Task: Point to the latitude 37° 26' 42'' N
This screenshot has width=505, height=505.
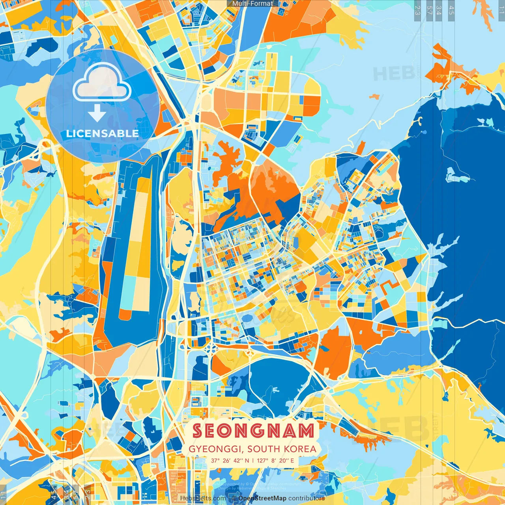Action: (x=230, y=460)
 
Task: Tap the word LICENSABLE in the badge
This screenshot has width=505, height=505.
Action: (x=103, y=133)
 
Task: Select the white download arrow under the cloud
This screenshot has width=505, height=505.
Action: (x=97, y=113)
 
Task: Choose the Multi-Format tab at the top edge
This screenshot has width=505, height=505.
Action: (x=252, y=4)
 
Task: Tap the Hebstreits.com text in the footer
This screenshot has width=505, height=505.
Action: (x=203, y=498)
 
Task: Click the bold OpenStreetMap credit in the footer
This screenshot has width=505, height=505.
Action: (x=262, y=498)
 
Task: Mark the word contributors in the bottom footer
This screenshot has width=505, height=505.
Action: (x=307, y=498)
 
